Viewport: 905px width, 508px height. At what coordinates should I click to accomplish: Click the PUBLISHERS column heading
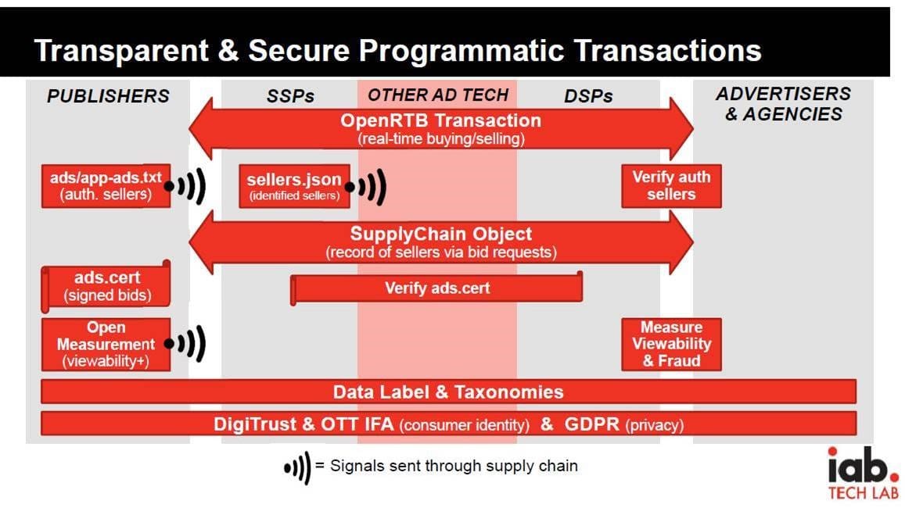coord(108,96)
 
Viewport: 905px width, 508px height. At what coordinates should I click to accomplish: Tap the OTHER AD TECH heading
coord(438,95)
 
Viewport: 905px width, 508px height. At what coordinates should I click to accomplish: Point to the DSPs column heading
coord(588,96)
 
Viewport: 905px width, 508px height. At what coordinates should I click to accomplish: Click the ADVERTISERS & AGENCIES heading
coord(783,104)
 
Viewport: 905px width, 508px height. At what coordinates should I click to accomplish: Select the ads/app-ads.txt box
coord(106,186)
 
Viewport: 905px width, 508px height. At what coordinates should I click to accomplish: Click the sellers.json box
coord(294,187)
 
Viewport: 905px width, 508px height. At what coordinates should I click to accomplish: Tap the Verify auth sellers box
coord(671,186)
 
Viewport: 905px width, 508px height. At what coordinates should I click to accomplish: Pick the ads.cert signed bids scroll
coord(107,286)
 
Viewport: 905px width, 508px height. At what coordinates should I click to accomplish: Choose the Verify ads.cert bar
coord(436,288)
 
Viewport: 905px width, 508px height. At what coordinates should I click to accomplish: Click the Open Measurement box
coord(106,344)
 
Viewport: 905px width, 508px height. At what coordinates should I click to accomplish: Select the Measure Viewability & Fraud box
coord(671,344)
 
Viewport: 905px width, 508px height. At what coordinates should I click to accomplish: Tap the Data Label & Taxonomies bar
coord(448,392)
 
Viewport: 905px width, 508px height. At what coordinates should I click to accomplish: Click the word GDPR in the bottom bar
coord(591,424)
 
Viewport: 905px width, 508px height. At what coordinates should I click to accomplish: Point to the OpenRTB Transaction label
coord(440,121)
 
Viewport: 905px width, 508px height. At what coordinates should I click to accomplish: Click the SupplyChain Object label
coord(440,234)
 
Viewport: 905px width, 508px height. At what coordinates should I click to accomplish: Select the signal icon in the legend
coord(297,467)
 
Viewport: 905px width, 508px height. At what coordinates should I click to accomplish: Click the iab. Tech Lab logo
coord(863,474)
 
